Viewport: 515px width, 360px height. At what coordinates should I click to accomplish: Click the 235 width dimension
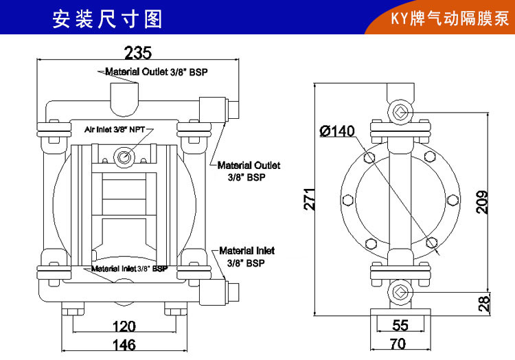(x=138, y=52)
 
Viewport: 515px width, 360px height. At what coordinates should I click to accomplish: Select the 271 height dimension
(x=310, y=199)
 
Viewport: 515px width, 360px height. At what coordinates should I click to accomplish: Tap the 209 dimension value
(x=483, y=202)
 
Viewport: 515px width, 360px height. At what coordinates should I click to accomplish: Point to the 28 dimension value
(x=483, y=303)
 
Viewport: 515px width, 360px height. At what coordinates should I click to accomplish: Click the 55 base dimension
(x=400, y=325)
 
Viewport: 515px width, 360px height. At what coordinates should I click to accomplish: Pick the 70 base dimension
(x=398, y=344)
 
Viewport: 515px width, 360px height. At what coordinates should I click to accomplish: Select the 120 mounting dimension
(x=124, y=326)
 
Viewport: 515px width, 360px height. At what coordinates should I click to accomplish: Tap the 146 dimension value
(x=124, y=345)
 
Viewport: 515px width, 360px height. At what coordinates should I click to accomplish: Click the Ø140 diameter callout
(x=337, y=131)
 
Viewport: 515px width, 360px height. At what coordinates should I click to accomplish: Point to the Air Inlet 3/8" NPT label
(x=115, y=129)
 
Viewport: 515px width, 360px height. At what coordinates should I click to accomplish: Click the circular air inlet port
(x=124, y=157)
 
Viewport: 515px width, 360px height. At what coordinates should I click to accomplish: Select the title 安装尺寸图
(x=107, y=19)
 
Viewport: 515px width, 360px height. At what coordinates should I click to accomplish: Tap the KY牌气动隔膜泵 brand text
(x=450, y=19)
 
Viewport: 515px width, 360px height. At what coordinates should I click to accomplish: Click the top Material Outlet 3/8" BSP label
(x=157, y=71)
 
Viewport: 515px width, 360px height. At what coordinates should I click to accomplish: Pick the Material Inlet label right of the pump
(x=247, y=257)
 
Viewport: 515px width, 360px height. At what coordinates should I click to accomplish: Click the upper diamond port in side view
(x=400, y=113)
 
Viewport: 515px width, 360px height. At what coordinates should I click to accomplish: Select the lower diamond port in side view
(x=400, y=292)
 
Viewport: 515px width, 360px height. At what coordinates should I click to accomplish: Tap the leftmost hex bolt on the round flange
(x=348, y=199)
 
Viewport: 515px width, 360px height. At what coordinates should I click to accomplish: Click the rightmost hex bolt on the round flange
(x=453, y=199)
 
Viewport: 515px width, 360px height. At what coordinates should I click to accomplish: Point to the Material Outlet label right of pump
(x=249, y=171)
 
